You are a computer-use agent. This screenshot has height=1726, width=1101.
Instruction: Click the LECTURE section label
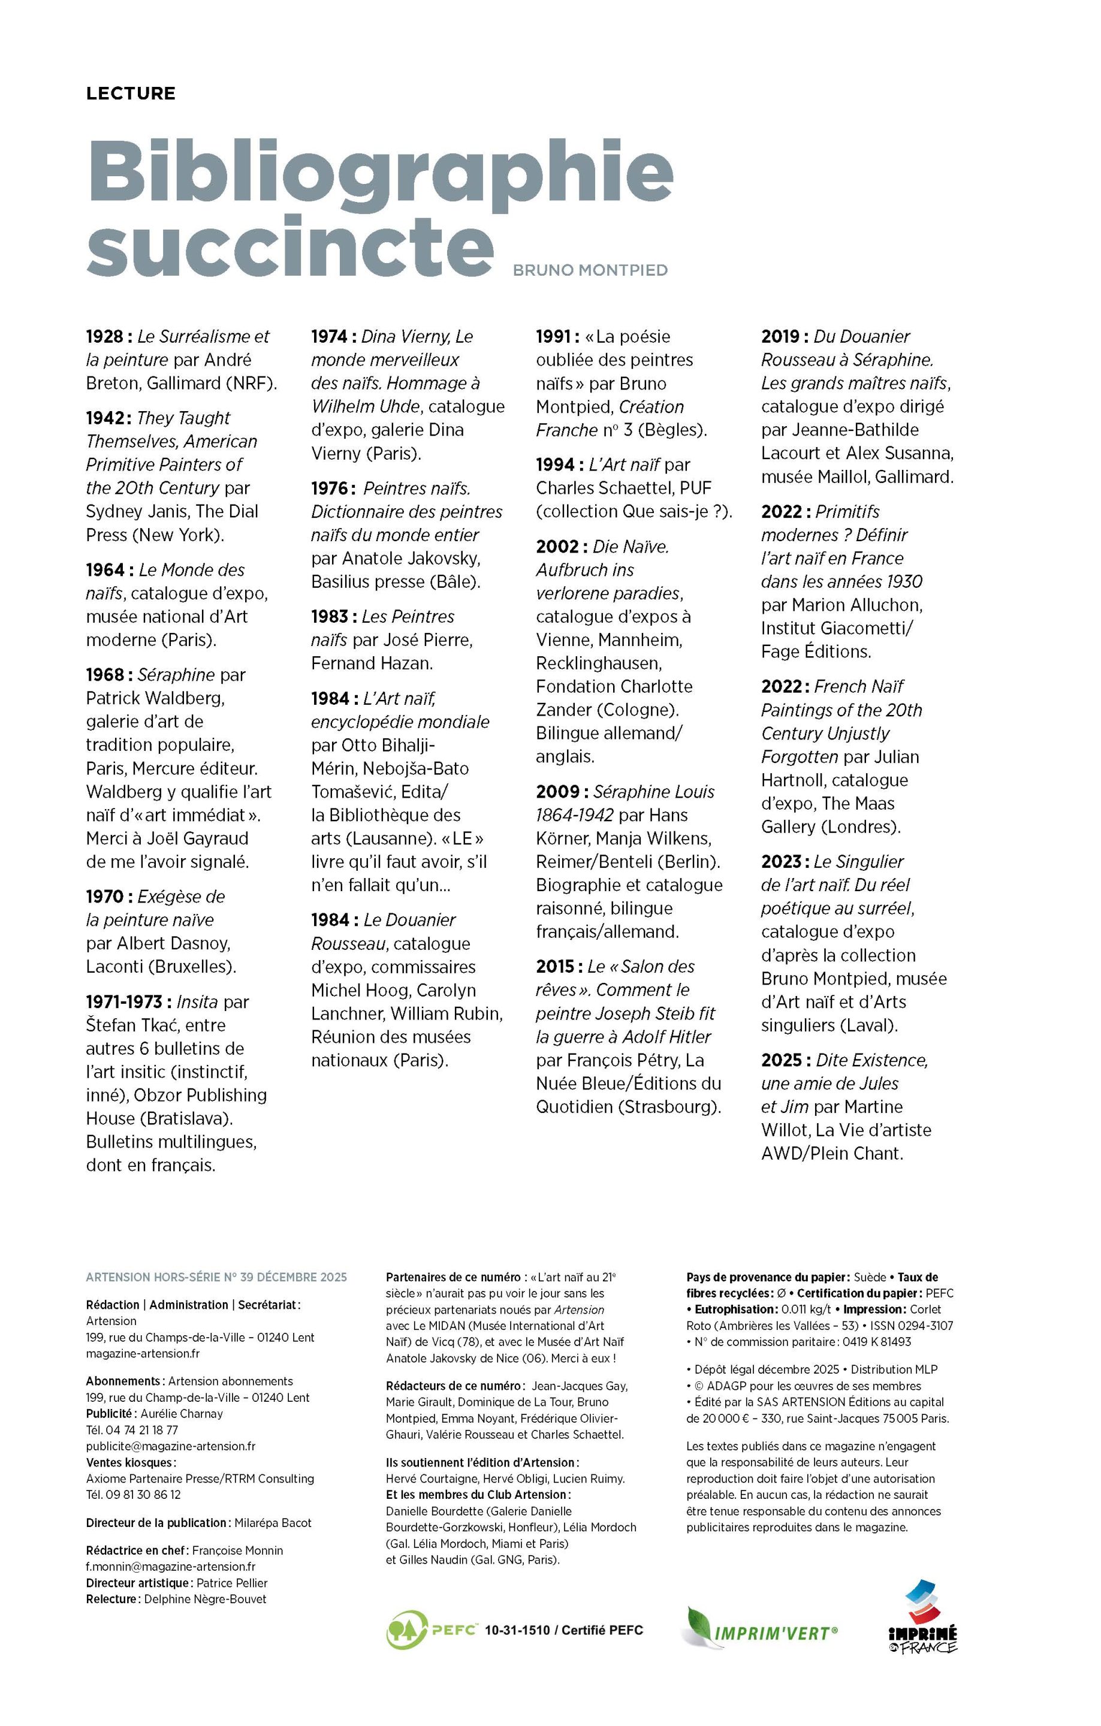tap(131, 93)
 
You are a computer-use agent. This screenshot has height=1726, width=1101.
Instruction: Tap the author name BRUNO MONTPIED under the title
tap(590, 270)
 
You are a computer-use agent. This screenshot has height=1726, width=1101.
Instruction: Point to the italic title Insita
tap(198, 1001)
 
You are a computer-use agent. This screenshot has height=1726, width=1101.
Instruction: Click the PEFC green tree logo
tap(406, 1630)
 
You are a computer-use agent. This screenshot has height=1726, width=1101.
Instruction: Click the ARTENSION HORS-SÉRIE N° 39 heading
tap(216, 1277)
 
